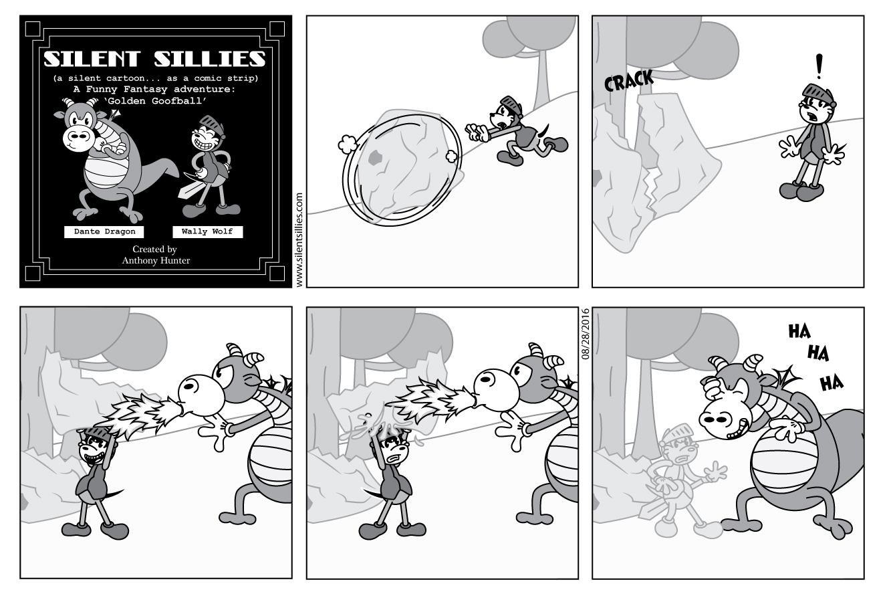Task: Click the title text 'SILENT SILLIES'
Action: pyautogui.click(x=154, y=60)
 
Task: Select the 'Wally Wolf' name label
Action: pyautogui.click(x=207, y=232)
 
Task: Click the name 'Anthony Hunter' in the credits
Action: pyautogui.click(x=155, y=261)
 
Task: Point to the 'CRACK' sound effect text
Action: pyautogui.click(x=628, y=82)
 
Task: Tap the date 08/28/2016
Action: pyautogui.click(x=586, y=334)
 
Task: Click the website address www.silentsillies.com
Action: pyautogui.click(x=298, y=240)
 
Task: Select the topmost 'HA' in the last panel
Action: pyautogui.click(x=799, y=331)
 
